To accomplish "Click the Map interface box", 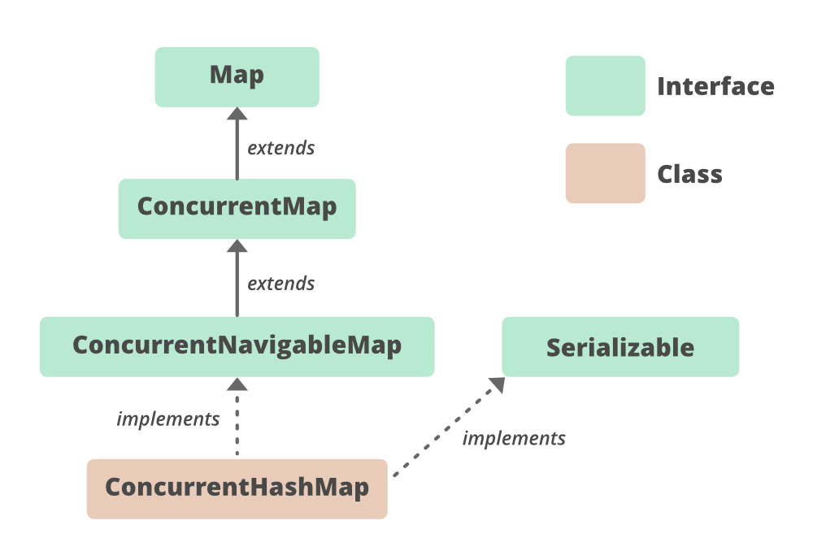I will point(237,76).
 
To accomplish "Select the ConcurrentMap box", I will point(237,208).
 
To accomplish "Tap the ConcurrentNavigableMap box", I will point(237,346).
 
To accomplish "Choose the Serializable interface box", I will point(620,347).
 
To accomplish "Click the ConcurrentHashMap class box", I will point(237,488).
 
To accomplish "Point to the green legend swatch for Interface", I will point(605,85).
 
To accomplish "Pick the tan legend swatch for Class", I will point(605,173).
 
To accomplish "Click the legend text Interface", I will point(715,86).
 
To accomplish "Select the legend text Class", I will point(689,174).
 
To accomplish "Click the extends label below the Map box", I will point(280,148).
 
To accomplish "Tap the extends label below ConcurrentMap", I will point(280,284).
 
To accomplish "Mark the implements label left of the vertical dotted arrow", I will point(168,419).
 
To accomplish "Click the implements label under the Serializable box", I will point(513,439).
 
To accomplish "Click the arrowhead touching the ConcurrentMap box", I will point(237,247).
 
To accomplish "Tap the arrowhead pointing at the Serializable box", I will point(495,384).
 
